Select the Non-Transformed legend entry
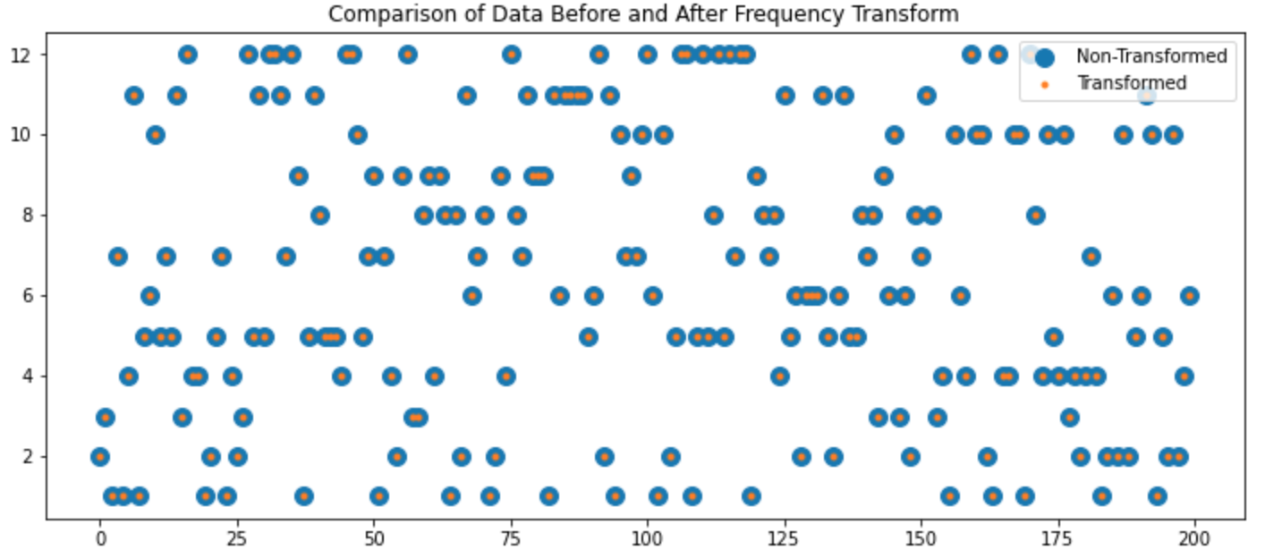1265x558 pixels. (1150, 56)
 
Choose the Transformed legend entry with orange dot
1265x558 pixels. (1132, 83)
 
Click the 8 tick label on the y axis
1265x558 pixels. (30, 216)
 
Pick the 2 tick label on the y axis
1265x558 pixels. (30, 457)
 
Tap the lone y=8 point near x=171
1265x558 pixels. (1036, 216)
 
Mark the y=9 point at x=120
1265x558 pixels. (757, 175)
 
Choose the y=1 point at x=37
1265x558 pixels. (303, 496)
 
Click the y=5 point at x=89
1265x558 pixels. (588, 337)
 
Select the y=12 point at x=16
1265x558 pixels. (187, 55)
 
